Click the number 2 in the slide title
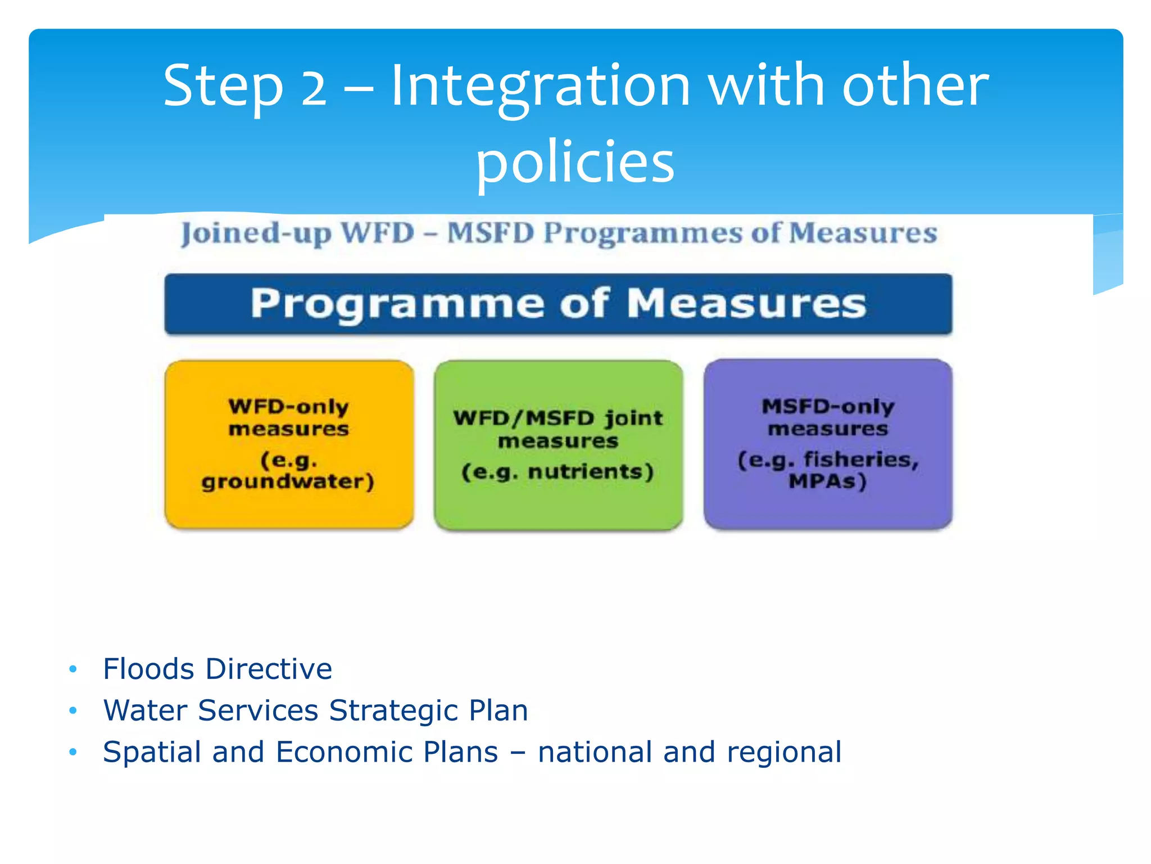pos(314,87)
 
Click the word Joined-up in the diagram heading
pos(256,234)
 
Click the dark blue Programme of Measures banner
pos(558,304)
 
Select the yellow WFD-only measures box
pos(289,444)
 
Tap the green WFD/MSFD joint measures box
pos(558,444)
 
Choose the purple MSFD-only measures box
pos(828,444)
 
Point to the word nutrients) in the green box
pos(591,471)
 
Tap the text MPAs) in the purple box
pos(828,481)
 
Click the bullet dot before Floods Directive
pos(72,669)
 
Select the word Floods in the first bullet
pos(149,669)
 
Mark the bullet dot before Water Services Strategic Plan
pos(72,710)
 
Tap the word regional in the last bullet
pos(784,752)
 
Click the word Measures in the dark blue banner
pos(746,304)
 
